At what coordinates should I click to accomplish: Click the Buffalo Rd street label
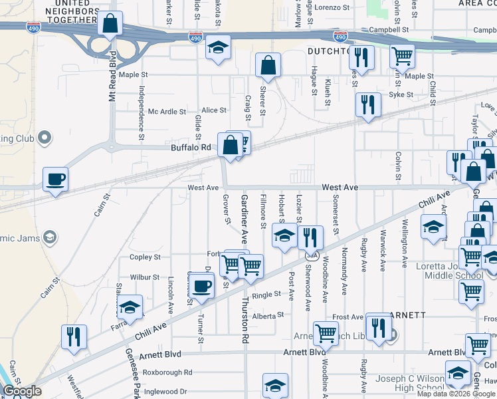click(x=191, y=147)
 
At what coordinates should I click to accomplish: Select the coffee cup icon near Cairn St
click(x=55, y=178)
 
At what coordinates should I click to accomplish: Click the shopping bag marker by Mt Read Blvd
click(x=110, y=23)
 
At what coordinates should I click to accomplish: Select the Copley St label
click(x=146, y=257)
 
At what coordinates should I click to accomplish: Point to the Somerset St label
click(x=336, y=219)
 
